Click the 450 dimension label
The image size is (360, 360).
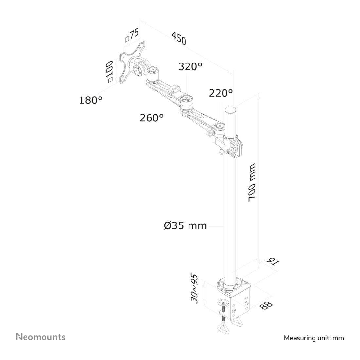pos(178,38)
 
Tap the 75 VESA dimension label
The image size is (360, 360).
pos(132,35)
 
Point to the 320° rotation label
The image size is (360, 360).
pos(190,66)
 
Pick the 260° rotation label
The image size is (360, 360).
pos(152,117)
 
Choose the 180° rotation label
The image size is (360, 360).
pos(91,100)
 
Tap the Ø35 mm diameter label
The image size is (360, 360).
pos(185,225)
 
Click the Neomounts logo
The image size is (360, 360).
pos(41,337)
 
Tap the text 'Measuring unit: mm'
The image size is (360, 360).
pos(314,338)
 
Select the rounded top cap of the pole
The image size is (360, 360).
pos(230,110)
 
